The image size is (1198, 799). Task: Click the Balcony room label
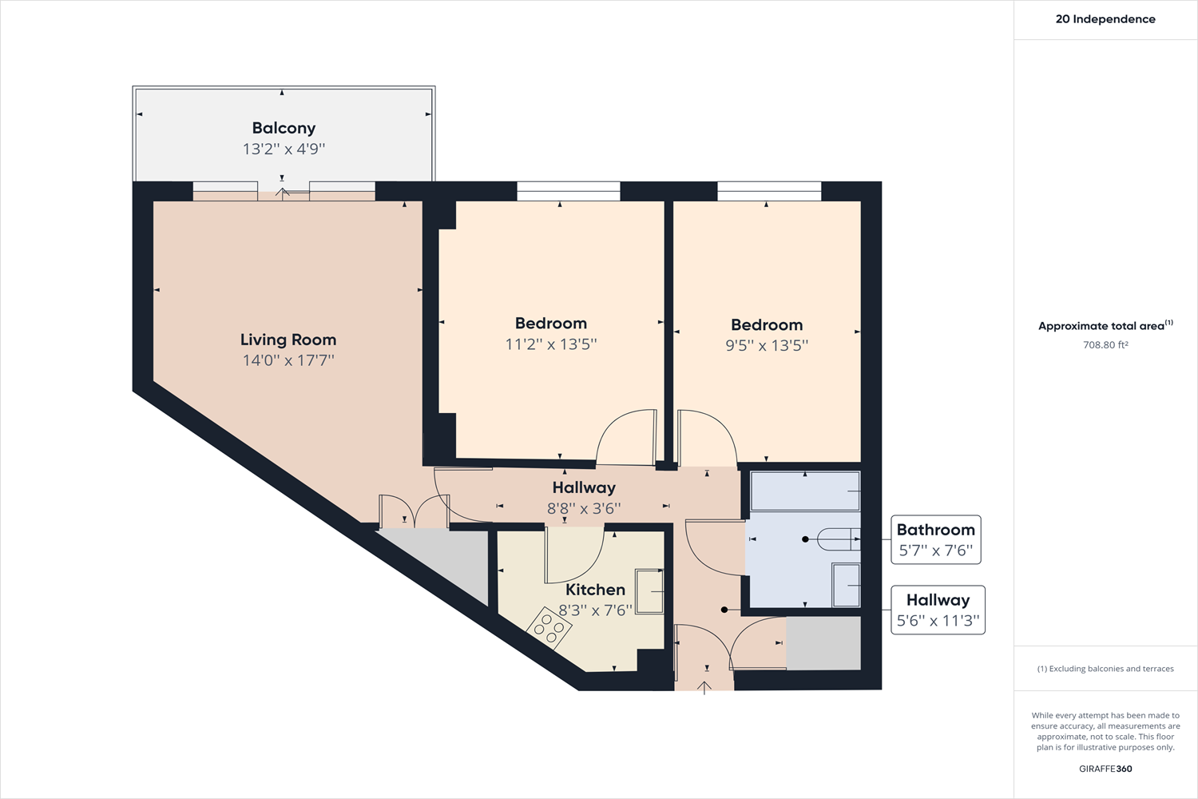284,128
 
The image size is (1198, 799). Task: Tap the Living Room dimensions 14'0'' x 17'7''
288,360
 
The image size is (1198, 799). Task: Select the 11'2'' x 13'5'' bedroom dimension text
551,344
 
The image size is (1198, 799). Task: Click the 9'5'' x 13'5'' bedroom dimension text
767,346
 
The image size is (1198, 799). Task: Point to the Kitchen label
595,590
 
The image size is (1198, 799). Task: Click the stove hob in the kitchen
549,627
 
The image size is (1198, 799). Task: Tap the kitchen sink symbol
649,591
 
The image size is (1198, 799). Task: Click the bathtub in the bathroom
804,491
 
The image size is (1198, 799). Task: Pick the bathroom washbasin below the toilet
846,585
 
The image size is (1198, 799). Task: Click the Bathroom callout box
935,539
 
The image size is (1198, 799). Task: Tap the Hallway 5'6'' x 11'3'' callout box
938,610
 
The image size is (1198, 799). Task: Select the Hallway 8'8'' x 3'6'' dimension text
584,508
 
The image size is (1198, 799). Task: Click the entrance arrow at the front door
704,686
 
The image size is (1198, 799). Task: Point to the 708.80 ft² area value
1105,345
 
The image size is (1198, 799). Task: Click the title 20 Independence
1105,19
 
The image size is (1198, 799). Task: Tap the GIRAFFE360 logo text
1105,769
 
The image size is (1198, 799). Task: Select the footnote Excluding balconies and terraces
1105,669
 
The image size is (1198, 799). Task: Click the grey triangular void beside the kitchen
455,559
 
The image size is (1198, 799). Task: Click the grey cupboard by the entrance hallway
823,643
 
